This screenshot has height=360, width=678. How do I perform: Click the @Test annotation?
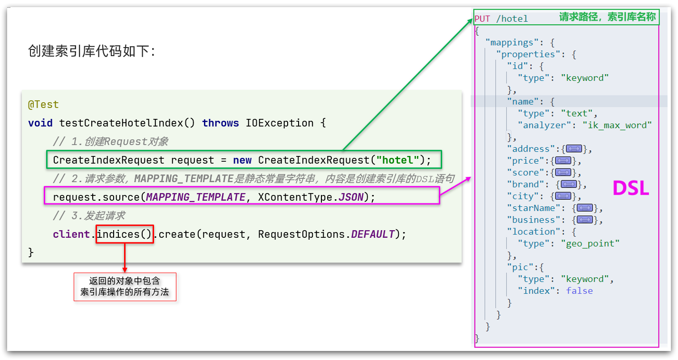[x=43, y=105]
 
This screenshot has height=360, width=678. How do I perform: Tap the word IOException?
[x=280, y=123]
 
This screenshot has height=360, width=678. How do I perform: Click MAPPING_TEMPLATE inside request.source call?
[x=195, y=197]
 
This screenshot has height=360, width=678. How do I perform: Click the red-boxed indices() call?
[x=125, y=234]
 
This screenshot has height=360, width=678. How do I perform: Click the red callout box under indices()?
[x=125, y=287]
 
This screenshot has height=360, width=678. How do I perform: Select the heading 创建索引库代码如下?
[x=92, y=51]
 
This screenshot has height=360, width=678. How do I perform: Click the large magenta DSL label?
[x=630, y=189]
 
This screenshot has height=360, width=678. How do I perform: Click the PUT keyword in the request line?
[x=482, y=19]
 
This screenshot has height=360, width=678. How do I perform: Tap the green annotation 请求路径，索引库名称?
[x=607, y=18]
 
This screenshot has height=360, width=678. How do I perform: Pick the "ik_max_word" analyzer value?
[x=617, y=126]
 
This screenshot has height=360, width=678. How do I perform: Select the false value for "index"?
[x=579, y=291]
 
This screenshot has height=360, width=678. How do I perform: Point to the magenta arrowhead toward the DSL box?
[x=468, y=179]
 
